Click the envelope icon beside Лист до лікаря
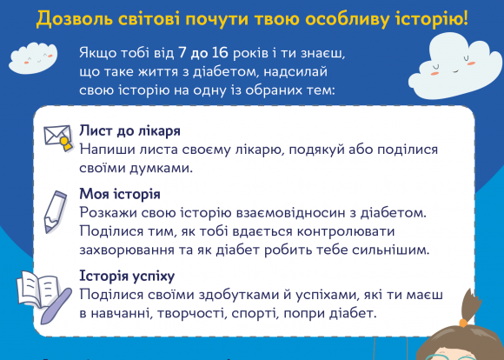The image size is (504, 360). (59, 137)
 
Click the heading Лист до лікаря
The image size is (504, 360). (129, 130)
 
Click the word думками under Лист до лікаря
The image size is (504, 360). (156, 167)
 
